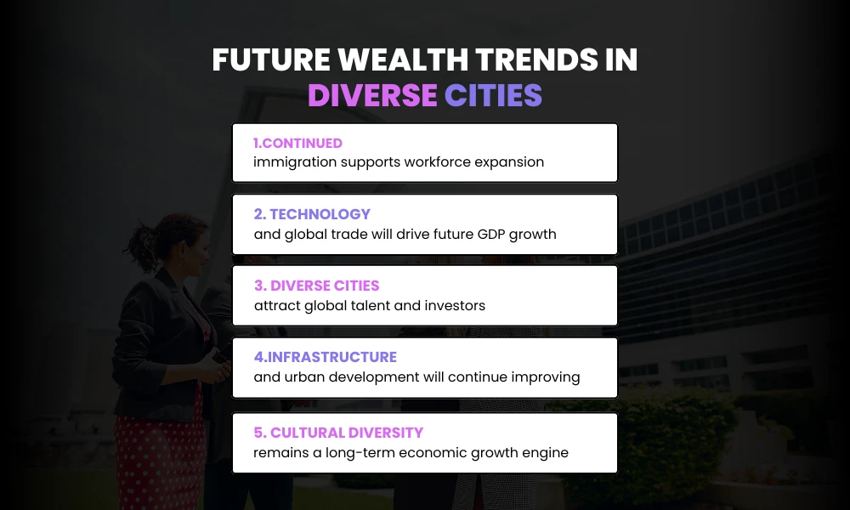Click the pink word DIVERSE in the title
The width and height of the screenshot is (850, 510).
pos(372,96)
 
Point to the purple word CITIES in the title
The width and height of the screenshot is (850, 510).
pos(493,96)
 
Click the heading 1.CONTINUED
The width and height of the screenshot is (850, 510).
pos(297,143)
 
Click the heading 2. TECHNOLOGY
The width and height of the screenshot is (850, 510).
pos(312,214)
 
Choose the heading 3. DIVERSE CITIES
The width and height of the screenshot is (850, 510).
pos(316,286)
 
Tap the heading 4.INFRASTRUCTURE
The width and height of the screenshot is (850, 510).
pos(325,357)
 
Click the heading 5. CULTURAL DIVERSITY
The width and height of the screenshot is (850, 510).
pos(338,433)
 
